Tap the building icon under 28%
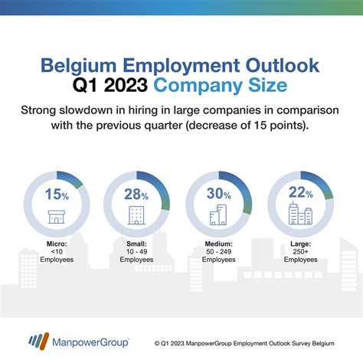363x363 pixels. [138, 214]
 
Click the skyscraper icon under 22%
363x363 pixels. [298, 215]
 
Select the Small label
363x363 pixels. [138, 244]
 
